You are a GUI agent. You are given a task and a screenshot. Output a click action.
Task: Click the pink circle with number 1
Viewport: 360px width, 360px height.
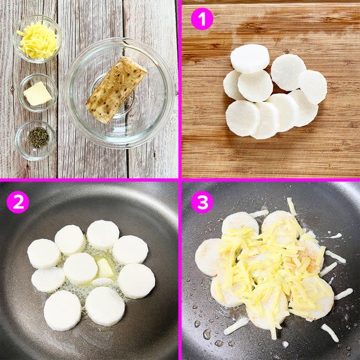click(202, 19)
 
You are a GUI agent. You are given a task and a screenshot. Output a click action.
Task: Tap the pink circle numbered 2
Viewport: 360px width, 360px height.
click(18, 202)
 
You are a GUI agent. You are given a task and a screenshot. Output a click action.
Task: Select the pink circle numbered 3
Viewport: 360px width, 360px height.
click(202, 202)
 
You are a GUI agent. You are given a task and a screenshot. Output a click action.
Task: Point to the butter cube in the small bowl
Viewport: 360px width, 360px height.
click(37, 94)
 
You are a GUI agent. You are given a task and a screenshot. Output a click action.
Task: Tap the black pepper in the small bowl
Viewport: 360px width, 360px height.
click(39, 137)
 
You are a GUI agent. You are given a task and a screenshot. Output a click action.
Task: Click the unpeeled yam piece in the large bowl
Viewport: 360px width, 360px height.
click(116, 89)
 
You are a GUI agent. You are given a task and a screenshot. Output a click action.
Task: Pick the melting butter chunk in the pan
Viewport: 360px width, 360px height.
click(105, 267)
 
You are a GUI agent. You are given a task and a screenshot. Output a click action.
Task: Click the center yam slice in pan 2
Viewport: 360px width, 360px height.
click(81, 268)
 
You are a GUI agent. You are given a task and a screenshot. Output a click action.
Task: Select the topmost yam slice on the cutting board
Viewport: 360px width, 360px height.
click(250, 59)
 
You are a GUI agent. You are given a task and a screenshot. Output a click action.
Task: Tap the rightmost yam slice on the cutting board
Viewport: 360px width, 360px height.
click(313, 87)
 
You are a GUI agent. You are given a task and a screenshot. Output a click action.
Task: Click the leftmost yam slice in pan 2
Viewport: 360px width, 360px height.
click(44, 253)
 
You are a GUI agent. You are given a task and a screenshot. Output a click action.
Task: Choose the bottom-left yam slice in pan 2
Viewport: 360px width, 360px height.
click(62, 310)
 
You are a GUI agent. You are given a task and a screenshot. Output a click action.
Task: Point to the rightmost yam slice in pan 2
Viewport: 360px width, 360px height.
click(137, 281)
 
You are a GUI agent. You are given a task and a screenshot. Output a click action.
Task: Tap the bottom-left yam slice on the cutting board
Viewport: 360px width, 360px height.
click(242, 118)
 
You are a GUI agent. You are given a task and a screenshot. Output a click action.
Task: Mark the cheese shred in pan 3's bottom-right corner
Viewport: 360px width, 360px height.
click(330, 332)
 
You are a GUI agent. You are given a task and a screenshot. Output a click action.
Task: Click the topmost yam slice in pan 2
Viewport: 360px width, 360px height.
click(103, 234)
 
